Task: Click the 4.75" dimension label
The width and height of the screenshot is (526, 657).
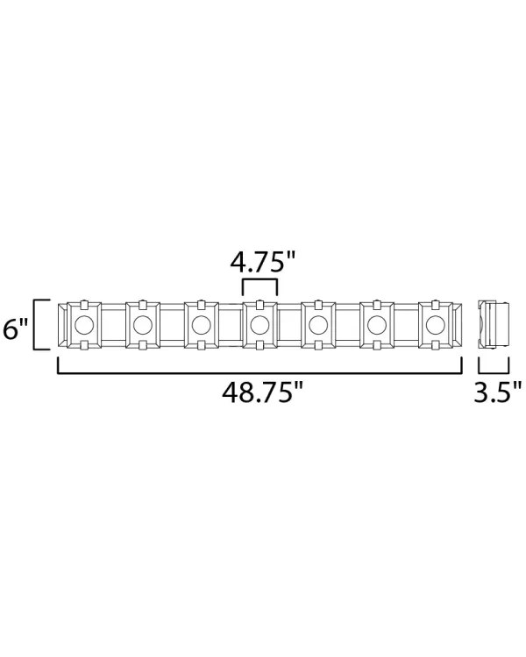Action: click(x=263, y=263)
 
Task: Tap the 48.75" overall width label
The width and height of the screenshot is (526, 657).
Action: click(x=262, y=392)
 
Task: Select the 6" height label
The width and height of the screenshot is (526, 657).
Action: click(x=15, y=328)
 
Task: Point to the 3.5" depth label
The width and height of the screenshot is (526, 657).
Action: click(x=498, y=392)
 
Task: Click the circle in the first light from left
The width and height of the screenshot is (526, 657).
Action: click(x=84, y=324)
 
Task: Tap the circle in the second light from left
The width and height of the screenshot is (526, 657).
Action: click(x=143, y=324)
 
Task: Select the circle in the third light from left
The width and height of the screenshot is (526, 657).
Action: click(x=201, y=324)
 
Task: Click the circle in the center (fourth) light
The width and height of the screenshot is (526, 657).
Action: click(x=259, y=324)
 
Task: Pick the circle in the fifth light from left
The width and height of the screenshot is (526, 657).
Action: click(x=318, y=324)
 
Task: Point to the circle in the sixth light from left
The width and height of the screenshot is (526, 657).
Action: click(x=377, y=324)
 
